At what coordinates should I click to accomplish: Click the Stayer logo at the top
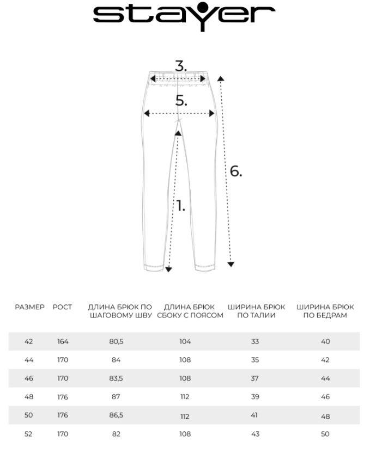click(x=184, y=16)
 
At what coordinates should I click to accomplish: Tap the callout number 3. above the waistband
click(x=181, y=67)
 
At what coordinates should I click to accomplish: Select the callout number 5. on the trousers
click(x=181, y=101)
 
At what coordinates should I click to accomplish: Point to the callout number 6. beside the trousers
click(x=235, y=171)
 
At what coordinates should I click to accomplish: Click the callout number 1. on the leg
click(x=180, y=207)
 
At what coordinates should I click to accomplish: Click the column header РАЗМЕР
click(x=29, y=307)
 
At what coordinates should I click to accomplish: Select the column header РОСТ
click(x=62, y=307)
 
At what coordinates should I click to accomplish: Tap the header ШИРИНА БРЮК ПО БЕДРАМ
click(x=325, y=311)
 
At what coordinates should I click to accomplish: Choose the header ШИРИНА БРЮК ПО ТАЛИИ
click(x=256, y=311)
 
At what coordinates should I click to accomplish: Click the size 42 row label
click(x=29, y=341)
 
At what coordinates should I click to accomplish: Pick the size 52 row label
click(x=29, y=434)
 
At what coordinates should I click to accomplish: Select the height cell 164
click(x=63, y=341)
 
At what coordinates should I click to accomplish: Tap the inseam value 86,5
click(x=116, y=415)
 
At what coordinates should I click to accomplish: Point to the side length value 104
click(x=185, y=341)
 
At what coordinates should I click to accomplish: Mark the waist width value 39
click(x=256, y=397)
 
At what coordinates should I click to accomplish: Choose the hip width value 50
click(x=325, y=434)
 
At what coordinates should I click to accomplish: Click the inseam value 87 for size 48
click(x=116, y=397)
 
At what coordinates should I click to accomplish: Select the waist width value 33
click(x=256, y=341)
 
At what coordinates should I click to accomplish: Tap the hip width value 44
click(x=325, y=378)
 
